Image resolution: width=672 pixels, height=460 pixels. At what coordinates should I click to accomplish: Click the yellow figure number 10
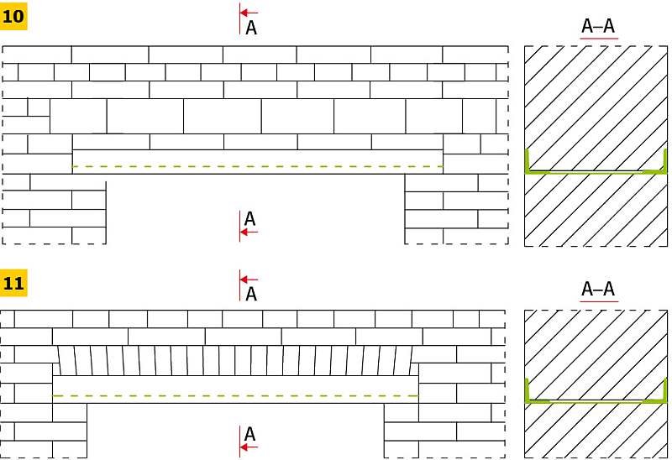(x=13, y=17)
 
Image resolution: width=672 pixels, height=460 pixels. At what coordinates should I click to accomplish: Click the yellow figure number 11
(x=13, y=283)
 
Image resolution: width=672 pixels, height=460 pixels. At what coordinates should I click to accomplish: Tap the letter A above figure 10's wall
(x=251, y=29)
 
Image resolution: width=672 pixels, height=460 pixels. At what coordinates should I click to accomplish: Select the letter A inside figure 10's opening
(x=249, y=219)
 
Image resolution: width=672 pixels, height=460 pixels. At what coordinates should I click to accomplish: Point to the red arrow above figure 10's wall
(x=249, y=13)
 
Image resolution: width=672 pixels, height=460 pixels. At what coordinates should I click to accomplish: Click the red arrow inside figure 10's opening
(x=249, y=233)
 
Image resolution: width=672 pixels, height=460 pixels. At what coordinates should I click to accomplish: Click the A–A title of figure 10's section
(x=598, y=26)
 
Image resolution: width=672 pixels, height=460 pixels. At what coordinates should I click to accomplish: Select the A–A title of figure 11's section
(x=598, y=289)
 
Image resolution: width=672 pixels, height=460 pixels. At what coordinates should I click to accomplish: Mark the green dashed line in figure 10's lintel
(x=258, y=166)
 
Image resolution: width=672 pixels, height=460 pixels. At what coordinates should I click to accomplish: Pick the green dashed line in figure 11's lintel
(x=235, y=395)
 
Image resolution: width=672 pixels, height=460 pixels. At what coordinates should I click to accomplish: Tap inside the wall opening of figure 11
(x=235, y=430)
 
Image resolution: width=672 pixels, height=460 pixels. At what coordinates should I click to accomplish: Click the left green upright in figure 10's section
(x=528, y=159)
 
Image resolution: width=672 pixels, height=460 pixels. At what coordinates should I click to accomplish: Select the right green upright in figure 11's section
(x=665, y=389)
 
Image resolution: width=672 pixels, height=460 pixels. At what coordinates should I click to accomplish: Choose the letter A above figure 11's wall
(x=251, y=295)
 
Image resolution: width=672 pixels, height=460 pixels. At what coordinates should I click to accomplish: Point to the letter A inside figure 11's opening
(x=249, y=434)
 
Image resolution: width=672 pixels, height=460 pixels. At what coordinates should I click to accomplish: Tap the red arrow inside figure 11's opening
(x=249, y=447)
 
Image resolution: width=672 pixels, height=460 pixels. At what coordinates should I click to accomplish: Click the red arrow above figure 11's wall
(x=249, y=280)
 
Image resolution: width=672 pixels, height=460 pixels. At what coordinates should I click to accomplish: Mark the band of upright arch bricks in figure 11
(x=235, y=361)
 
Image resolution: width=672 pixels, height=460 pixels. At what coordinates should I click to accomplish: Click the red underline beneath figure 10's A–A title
(x=599, y=39)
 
